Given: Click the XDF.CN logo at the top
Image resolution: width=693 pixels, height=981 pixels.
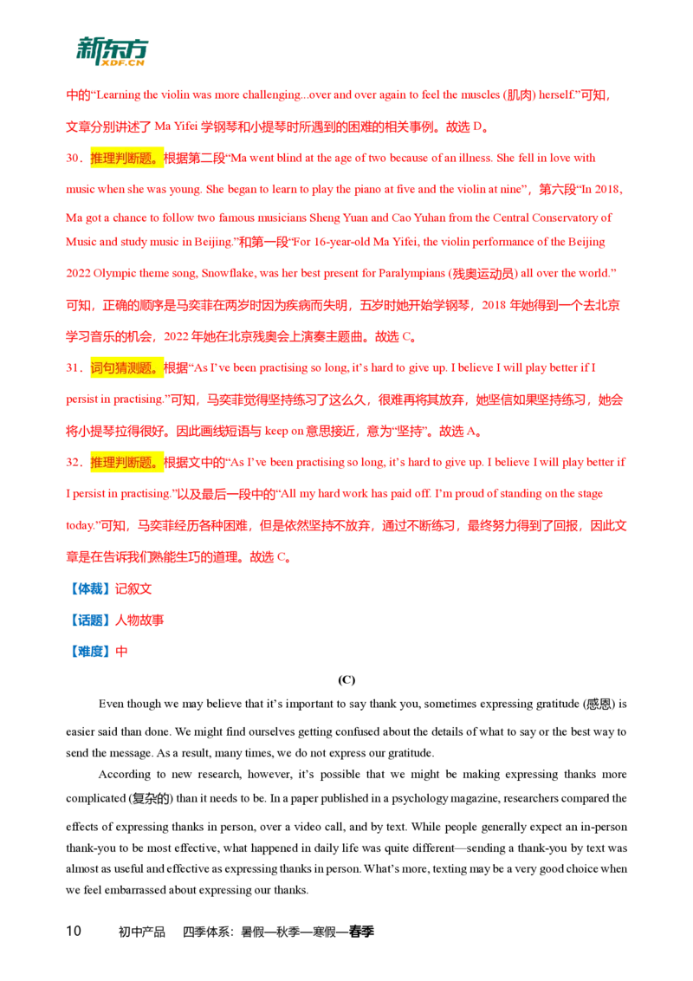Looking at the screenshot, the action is (x=112, y=51).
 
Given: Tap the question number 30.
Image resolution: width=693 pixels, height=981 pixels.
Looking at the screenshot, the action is (x=73, y=158).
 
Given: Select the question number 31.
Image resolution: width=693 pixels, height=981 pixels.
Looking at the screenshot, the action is (x=73, y=367).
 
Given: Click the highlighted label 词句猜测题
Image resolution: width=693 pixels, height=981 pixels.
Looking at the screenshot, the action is (x=126, y=367).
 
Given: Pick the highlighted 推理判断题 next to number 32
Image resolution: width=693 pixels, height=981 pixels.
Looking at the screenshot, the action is (x=126, y=463).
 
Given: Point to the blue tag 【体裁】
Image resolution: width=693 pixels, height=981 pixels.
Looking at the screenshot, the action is (x=90, y=588).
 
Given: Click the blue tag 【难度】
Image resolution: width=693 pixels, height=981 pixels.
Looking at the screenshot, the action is (x=90, y=652).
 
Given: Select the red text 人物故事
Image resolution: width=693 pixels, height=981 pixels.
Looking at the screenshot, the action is (x=139, y=620).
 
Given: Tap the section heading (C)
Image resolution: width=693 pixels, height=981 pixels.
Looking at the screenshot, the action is (x=346, y=679).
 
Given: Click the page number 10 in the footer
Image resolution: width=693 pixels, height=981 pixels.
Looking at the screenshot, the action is (x=74, y=931).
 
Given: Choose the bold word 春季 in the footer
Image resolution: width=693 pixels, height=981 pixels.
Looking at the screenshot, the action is (x=361, y=932).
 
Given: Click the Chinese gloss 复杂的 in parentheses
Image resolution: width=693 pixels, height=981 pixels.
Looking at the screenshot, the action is (x=151, y=799).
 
